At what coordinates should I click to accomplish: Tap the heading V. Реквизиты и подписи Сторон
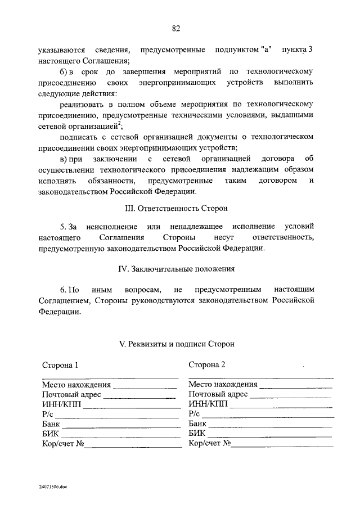pyautogui.click(x=175, y=344)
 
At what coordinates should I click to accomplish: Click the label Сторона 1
pyautogui.click(x=60, y=364)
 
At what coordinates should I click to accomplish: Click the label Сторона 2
pyautogui.click(x=207, y=364)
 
